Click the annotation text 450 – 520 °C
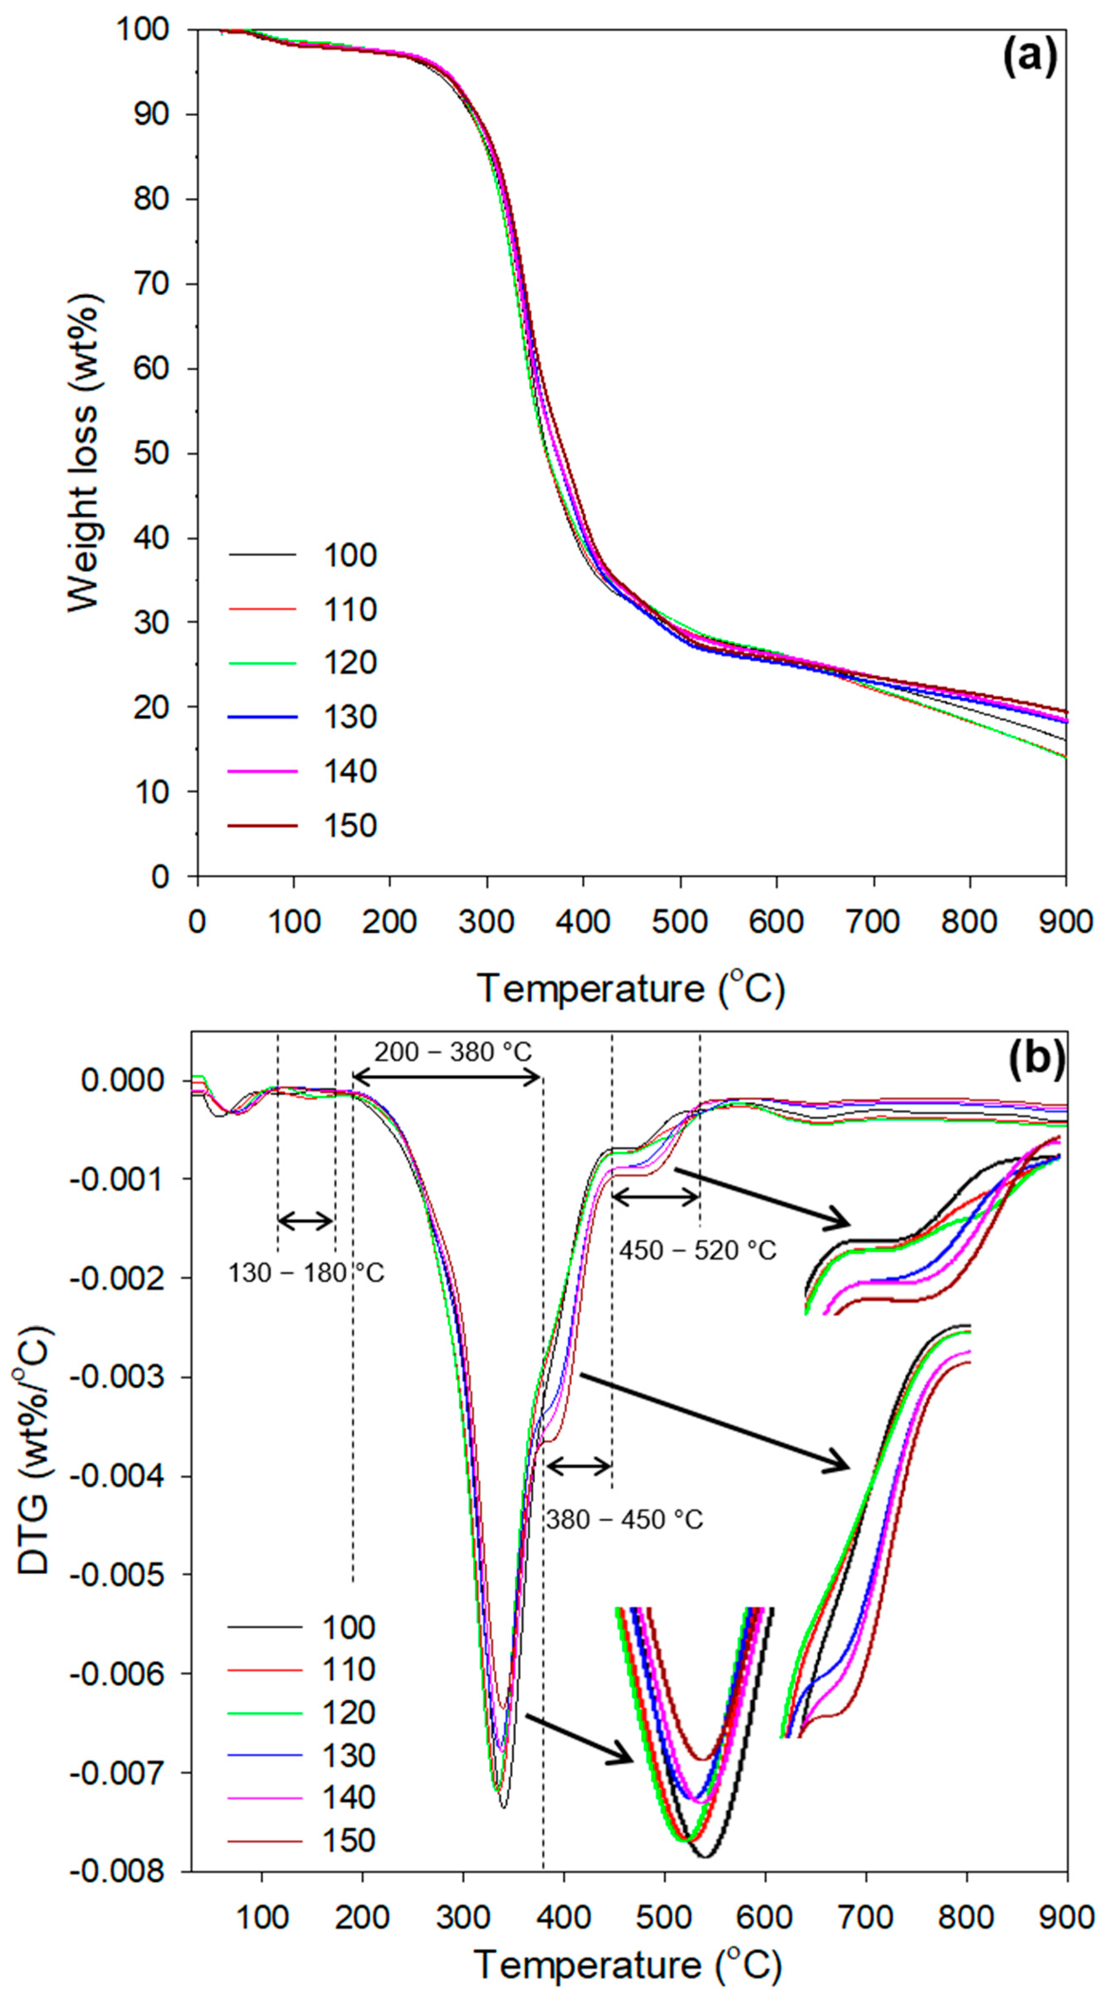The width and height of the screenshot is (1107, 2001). pyautogui.click(x=697, y=1250)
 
